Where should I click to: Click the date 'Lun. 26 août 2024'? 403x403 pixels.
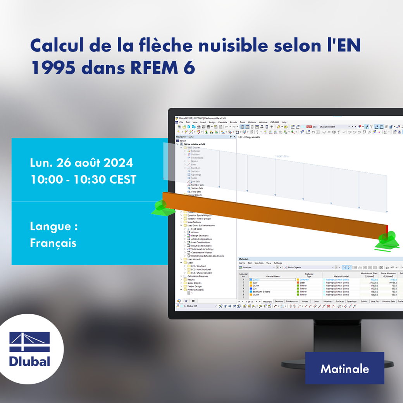tap(81, 163)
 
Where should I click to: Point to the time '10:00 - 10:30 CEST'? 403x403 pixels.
tap(83, 179)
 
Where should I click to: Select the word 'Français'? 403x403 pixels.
tap(53, 243)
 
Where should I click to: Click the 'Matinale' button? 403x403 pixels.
tap(344, 369)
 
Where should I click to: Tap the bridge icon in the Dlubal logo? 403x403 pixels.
tap(30, 342)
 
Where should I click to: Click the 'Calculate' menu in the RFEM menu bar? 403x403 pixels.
tap(222, 122)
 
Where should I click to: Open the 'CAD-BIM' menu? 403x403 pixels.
tap(275, 122)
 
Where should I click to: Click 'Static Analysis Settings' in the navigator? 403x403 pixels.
tap(202, 249)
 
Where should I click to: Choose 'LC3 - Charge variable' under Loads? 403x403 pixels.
tap(201, 273)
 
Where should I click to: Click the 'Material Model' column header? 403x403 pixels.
tap(341, 276)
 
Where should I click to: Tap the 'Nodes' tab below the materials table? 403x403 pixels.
tap(305, 301)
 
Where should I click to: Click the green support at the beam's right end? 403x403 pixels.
tap(388, 240)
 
